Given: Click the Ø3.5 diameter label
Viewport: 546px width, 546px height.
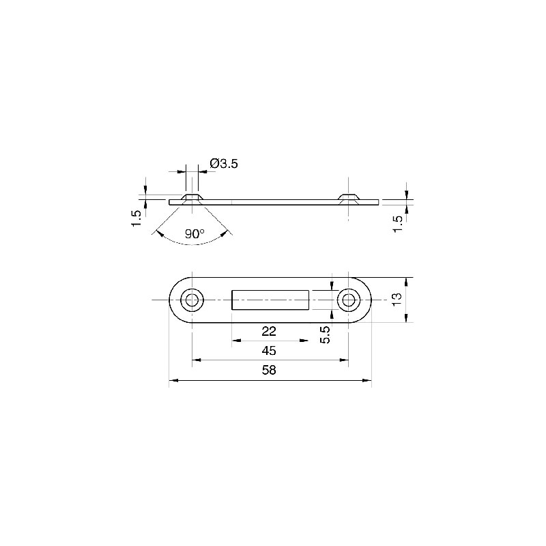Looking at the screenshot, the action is click(x=224, y=163).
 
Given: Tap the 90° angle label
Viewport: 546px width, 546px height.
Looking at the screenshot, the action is click(x=195, y=233).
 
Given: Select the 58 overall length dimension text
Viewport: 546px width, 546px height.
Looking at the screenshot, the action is click(x=269, y=370).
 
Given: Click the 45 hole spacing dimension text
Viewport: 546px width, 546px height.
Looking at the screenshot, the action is click(x=269, y=350).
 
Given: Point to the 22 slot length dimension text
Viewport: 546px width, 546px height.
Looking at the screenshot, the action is click(x=269, y=331).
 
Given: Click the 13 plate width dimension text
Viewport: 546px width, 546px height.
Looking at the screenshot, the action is click(x=397, y=300).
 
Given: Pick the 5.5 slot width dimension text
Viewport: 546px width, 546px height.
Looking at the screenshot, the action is click(x=325, y=334).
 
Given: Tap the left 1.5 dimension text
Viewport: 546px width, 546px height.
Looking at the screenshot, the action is click(x=136, y=218).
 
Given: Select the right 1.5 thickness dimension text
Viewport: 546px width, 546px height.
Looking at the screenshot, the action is click(x=397, y=224).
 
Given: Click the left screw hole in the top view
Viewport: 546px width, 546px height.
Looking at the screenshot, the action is click(x=192, y=300).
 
